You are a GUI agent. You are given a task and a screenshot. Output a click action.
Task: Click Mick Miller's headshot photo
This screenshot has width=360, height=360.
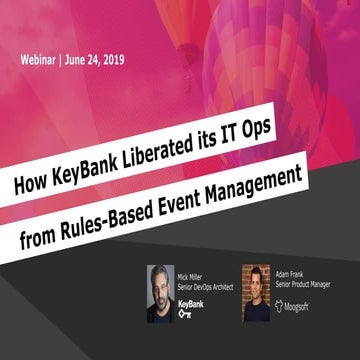[x=161, y=293]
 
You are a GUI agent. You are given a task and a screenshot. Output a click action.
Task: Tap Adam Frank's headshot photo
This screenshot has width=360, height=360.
[x=256, y=292]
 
